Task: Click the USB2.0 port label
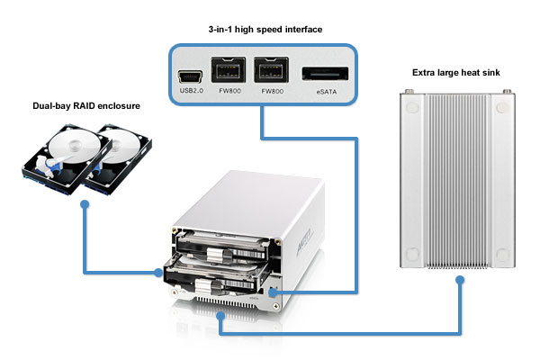[192, 91]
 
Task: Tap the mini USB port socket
[190, 76]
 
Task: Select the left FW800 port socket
[229, 70]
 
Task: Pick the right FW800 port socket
[272, 70]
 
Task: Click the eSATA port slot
[325, 74]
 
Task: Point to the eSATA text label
[327, 92]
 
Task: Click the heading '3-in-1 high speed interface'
[265, 30]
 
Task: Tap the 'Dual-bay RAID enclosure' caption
[86, 106]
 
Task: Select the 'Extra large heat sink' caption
[456, 72]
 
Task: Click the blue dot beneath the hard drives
[85, 204]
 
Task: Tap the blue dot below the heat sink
[460, 280]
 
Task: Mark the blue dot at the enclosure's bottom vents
[220, 315]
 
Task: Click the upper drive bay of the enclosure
[224, 245]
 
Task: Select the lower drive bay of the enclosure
[215, 275]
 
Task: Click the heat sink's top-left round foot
[412, 107]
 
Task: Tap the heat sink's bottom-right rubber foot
[502, 255]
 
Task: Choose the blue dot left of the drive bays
[158, 273]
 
